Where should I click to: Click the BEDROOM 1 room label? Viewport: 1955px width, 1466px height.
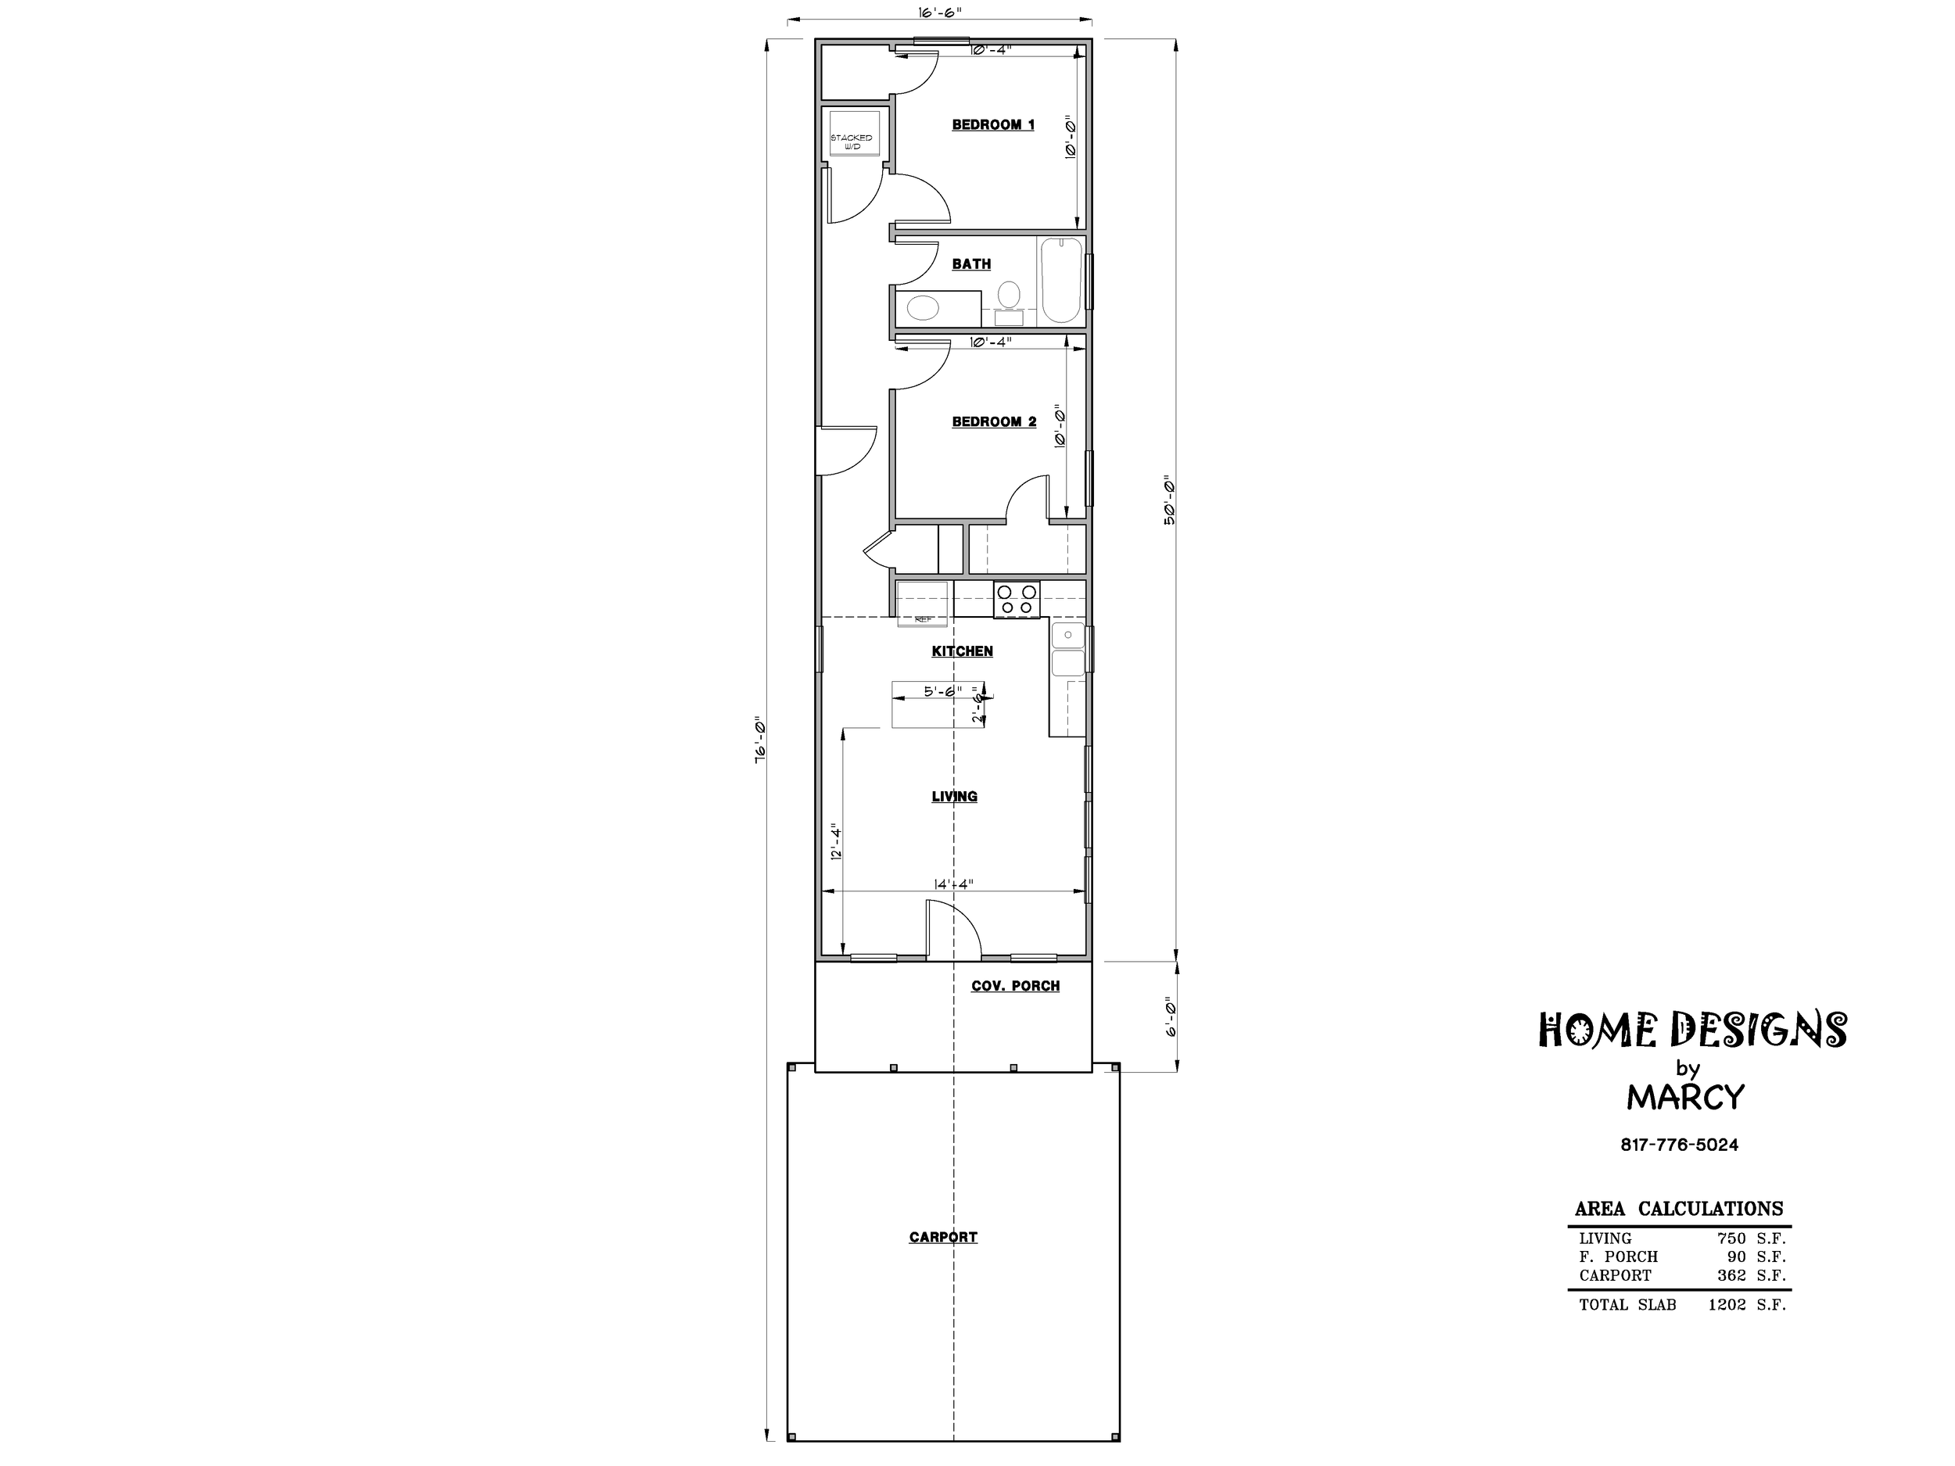tap(992, 124)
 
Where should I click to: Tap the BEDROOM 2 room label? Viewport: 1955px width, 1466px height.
tap(993, 421)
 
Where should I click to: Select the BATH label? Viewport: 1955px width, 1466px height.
tap(971, 263)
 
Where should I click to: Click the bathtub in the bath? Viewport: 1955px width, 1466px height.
tap(1061, 281)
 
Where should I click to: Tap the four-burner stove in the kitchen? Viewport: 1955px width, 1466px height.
tap(1017, 599)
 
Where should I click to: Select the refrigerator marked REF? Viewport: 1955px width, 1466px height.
tap(923, 604)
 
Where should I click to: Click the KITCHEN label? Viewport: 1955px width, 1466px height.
tap(963, 651)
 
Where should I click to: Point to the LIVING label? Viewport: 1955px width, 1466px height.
tap(955, 796)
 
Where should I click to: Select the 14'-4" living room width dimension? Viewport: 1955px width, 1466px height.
tap(952, 884)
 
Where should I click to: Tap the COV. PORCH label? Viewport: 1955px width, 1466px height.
tap(1016, 985)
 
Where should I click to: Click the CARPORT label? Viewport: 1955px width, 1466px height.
tap(943, 1237)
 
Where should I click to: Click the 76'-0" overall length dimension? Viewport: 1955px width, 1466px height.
tap(759, 739)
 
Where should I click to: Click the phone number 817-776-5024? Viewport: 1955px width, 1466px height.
tap(1679, 1145)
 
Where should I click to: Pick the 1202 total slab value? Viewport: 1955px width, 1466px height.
tap(1727, 1304)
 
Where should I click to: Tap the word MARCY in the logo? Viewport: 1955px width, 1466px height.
tap(1685, 1098)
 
